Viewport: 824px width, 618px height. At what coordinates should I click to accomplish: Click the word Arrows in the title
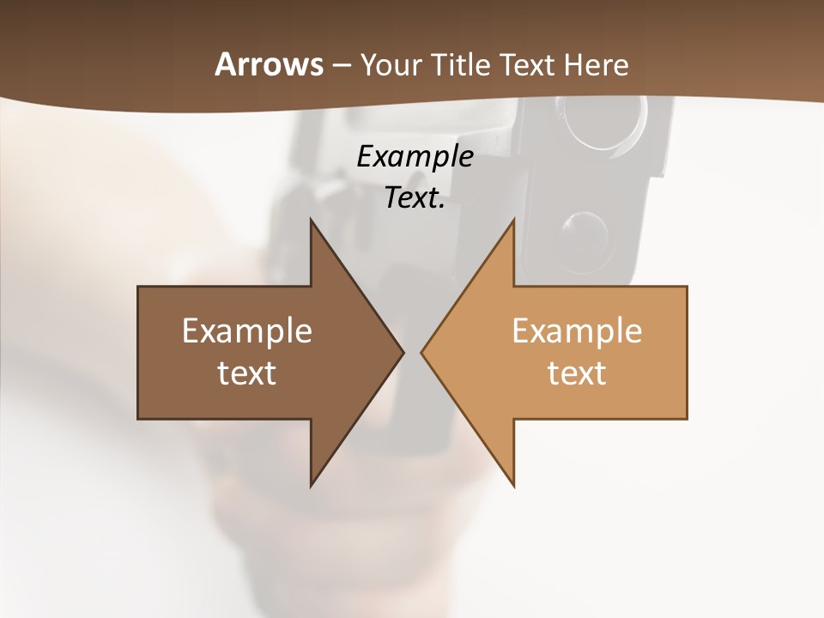coord(269,64)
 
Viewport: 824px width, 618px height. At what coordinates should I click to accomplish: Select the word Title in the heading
coord(463,64)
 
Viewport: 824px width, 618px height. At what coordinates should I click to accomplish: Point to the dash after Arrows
coord(341,65)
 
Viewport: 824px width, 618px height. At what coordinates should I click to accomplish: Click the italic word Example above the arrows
coord(415,156)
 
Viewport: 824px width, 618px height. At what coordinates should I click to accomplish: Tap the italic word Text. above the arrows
coord(415,198)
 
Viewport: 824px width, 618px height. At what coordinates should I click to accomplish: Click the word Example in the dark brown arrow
coord(246,330)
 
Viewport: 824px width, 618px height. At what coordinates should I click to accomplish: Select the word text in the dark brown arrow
coord(246,373)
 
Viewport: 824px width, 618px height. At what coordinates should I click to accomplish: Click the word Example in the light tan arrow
coord(577,330)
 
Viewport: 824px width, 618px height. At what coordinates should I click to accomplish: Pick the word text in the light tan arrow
coord(577,373)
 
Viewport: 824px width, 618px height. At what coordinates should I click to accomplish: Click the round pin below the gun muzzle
coord(585,230)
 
